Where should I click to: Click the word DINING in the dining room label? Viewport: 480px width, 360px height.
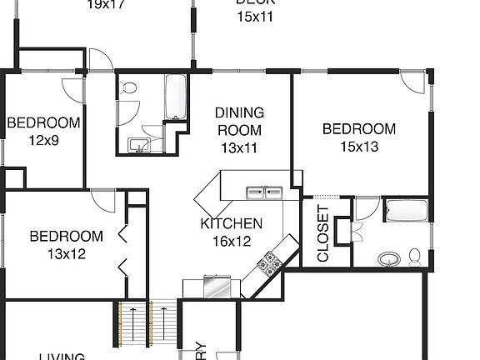(x=239, y=112)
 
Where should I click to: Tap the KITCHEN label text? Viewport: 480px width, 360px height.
(x=232, y=223)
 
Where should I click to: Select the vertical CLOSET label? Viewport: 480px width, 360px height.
(x=323, y=234)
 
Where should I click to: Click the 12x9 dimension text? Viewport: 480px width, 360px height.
(x=43, y=140)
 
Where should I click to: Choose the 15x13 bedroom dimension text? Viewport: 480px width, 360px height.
(x=358, y=147)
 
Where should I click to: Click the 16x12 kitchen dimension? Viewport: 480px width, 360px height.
(x=232, y=241)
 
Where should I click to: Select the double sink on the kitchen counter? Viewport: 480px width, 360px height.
(x=266, y=193)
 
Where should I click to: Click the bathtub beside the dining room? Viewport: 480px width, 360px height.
(x=176, y=98)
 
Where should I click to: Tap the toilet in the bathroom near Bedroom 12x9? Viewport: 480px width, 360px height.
(x=130, y=87)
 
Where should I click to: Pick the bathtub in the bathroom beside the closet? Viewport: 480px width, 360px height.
(x=406, y=212)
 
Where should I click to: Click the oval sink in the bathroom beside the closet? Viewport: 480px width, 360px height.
(x=388, y=258)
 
